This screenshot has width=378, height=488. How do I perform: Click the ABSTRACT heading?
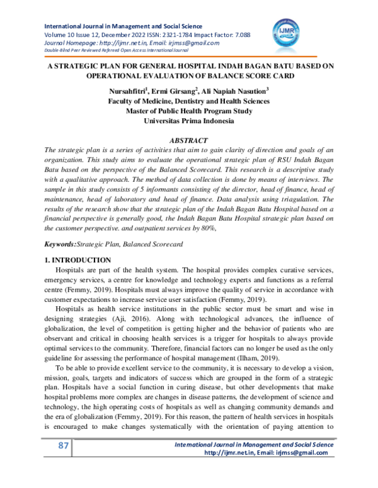tap(188, 140)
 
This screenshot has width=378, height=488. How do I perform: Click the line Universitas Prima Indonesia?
tap(188, 121)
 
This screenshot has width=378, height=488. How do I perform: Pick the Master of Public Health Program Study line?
tap(188, 111)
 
